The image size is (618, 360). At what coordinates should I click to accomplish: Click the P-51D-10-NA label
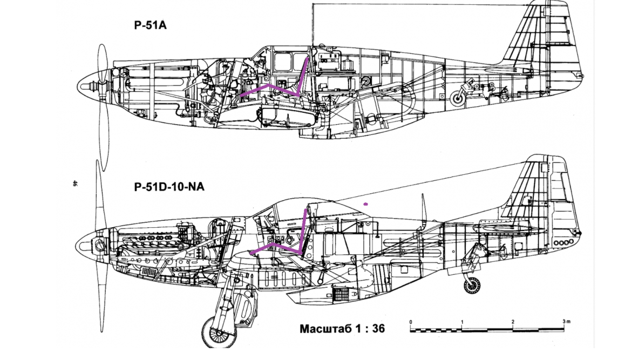click(x=168, y=187)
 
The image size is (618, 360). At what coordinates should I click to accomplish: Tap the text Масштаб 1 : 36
click(x=342, y=328)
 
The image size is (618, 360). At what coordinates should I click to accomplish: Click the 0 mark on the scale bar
click(x=411, y=322)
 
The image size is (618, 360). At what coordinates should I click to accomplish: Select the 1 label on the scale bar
click(x=462, y=322)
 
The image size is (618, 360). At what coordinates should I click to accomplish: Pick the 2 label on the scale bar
click(x=513, y=322)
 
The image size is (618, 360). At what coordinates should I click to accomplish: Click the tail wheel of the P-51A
click(x=458, y=98)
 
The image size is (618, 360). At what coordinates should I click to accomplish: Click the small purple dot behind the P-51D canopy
click(x=366, y=204)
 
